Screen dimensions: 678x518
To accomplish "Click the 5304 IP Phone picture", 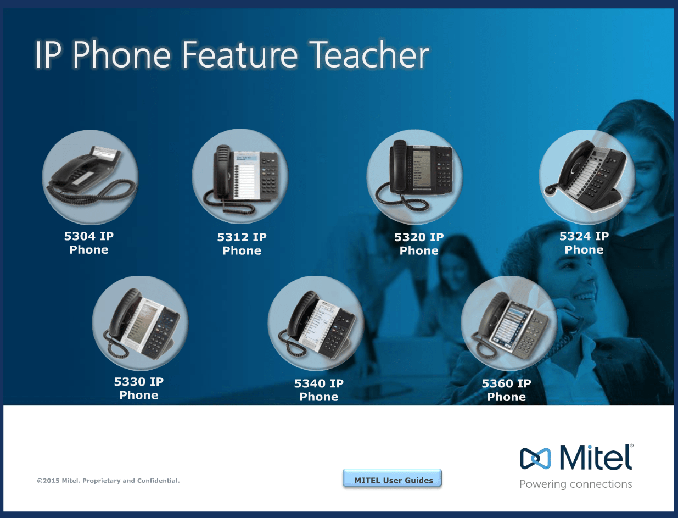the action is [90, 177].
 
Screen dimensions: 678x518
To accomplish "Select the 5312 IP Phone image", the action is [240, 176].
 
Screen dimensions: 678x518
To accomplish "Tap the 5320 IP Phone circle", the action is [415, 176].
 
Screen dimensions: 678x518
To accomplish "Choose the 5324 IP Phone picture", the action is [587, 177].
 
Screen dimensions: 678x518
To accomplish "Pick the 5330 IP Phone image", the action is [140, 324].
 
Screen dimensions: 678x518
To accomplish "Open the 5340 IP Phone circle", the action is [316, 324].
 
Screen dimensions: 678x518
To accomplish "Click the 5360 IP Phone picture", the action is [509, 324].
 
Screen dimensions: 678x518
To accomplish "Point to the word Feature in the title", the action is [239, 55].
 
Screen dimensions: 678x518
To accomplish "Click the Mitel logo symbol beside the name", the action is [535, 458].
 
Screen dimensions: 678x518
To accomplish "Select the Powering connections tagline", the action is [576, 484].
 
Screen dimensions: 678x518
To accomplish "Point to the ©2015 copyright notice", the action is [108, 481].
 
